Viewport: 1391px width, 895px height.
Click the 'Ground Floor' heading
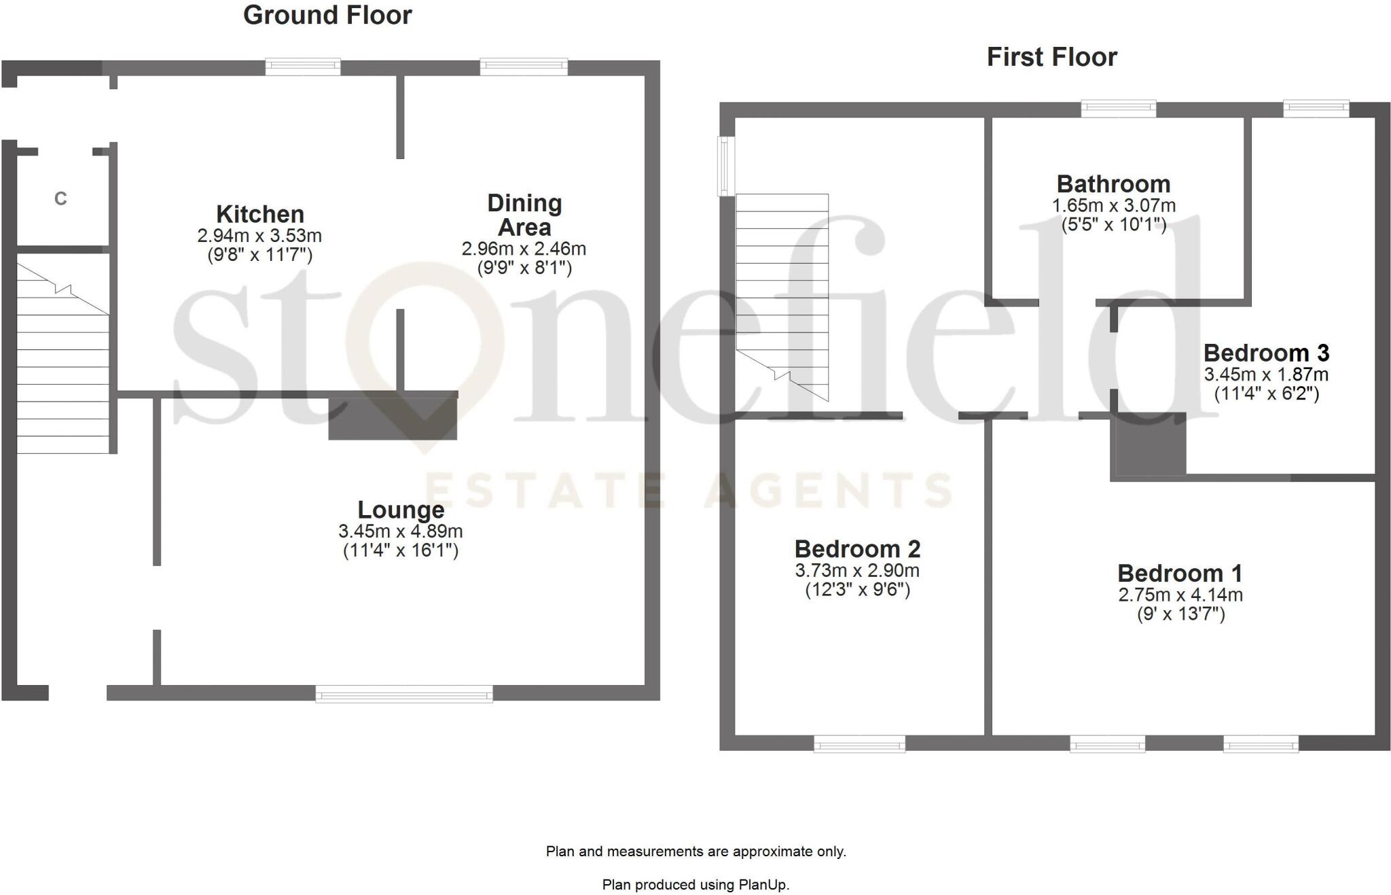point(327,16)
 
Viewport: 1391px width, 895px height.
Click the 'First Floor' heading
point(1051,57)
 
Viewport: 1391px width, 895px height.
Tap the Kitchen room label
point(260,214)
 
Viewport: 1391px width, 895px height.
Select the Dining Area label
point(524,215)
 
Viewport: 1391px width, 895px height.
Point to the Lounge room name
point(401,510)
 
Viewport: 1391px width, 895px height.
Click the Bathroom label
point(1113,184)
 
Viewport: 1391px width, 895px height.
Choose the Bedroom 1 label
point(1180,574)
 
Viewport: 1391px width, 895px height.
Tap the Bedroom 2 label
point(857,549)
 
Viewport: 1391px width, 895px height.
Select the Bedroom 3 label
point(1266,353)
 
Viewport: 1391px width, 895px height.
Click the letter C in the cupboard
point(60,198)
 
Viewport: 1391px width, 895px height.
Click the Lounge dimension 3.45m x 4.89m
point(401,531)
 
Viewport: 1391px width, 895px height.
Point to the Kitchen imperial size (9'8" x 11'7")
point(259,255)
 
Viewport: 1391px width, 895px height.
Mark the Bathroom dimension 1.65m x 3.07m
point(1114,205)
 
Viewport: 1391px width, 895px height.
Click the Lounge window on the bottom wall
point(404,694)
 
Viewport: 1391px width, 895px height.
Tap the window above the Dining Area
point(524,67)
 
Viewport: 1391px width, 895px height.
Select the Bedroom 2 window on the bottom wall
point(859,745)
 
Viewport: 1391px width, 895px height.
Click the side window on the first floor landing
point(726,166)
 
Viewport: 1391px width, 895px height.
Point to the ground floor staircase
point(62,360)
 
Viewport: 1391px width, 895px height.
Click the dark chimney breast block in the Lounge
point(393,416)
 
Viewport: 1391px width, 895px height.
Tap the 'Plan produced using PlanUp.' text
point(695,885)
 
